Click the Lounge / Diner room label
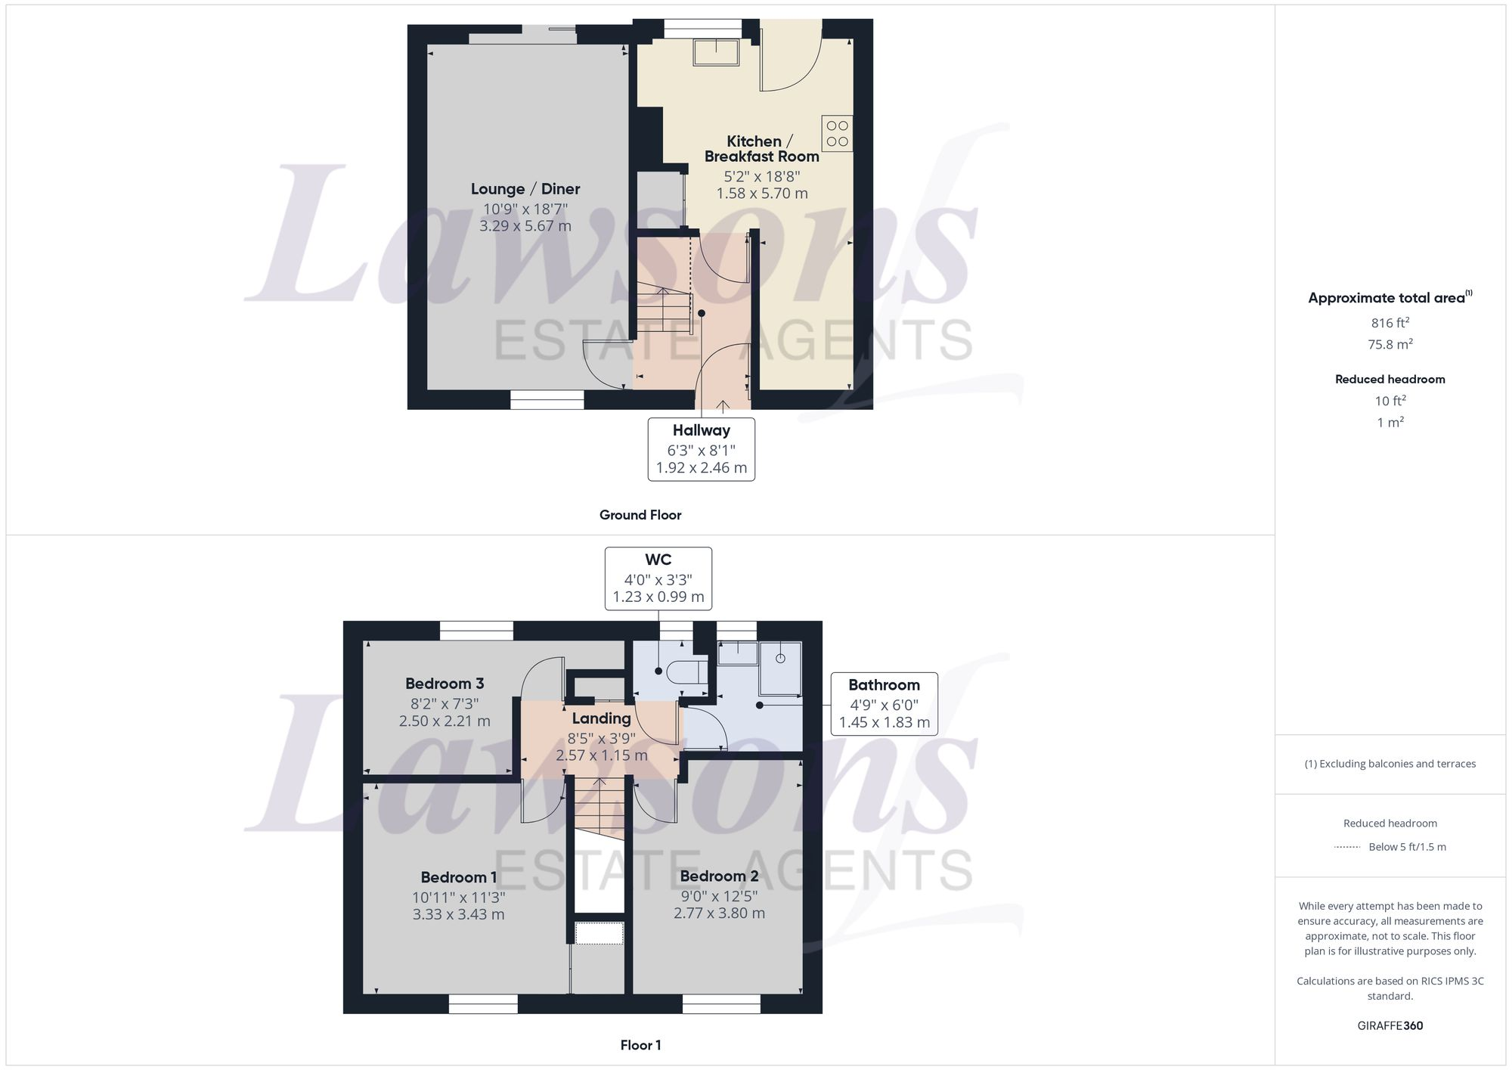coord(525,189)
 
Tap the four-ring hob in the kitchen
coord(837,134)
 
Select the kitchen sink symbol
coord(716,52)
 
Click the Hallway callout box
coord(701,448)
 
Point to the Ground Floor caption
coord(640,515)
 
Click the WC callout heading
coord(658,560)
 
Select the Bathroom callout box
coord(884,703)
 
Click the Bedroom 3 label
coord(445,684)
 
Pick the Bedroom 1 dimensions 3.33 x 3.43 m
coord(458,914)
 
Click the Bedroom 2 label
coord(719,876)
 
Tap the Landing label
coord(601,718)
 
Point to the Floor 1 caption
coord(640,1045)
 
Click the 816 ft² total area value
coord(1390,323)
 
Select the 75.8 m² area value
coord(1390,344)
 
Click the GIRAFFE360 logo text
coord(1390,1025)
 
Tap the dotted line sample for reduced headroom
coord(1347,847)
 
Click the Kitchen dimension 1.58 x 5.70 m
coord(762,194)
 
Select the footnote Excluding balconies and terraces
coord(1390,764)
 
